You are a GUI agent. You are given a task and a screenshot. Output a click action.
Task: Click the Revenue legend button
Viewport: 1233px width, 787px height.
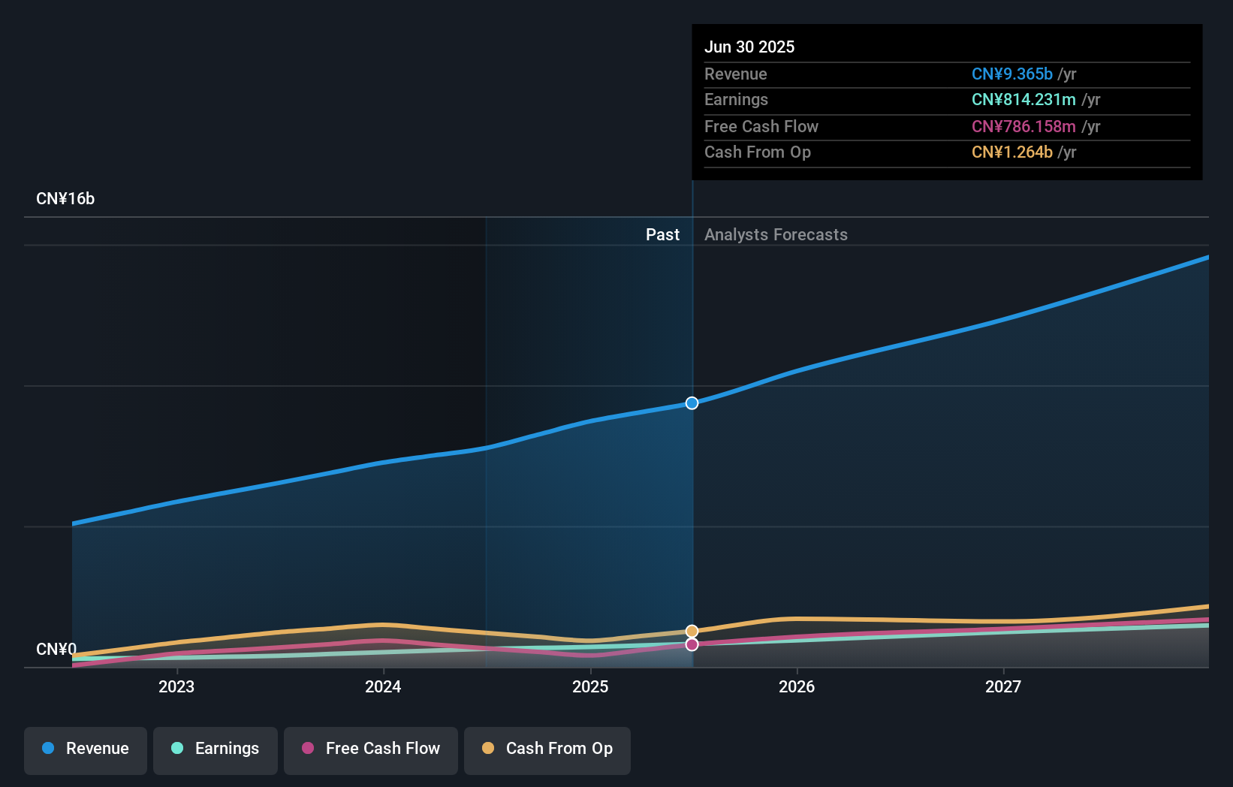click(86, 749)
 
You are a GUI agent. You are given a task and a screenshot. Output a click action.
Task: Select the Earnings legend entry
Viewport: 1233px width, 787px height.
click(216, 749)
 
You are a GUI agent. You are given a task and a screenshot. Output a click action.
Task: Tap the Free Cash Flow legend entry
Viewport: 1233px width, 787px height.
click(371, 749)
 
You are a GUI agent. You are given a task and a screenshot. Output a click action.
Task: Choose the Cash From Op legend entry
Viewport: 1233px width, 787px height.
click(547, 749)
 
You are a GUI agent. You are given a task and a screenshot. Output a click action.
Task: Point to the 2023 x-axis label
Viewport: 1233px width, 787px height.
click(176, 687)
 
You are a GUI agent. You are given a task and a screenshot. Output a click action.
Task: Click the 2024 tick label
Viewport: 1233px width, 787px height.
click(383, 687)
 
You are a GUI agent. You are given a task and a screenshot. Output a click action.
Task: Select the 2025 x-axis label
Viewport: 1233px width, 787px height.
click(590, 687)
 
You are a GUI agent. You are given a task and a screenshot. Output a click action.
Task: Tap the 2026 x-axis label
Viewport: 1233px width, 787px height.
click(797, 687)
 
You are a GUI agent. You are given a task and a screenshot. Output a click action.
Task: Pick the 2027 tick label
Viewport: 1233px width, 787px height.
click(1003, 687)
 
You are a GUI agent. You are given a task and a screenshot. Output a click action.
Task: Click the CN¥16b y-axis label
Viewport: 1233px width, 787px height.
click(65, 199)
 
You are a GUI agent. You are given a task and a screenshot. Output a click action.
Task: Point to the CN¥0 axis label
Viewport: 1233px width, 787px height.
click(56, 649)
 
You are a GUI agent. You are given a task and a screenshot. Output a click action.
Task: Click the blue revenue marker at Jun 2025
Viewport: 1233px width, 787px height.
click(692, 403)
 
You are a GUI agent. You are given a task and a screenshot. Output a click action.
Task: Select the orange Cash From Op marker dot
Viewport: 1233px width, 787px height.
click(692, 632)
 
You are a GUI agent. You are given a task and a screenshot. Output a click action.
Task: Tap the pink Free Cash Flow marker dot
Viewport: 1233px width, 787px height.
click(692, 644)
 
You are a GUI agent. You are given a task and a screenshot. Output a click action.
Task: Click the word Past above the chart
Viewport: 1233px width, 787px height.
click(662, 235)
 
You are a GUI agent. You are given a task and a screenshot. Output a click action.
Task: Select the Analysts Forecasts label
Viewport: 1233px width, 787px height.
click(776, 235)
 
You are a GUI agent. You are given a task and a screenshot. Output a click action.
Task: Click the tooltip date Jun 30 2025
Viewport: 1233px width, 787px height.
click(749, 47)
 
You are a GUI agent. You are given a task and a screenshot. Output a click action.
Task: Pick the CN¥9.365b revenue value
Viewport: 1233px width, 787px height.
click(1011, 74)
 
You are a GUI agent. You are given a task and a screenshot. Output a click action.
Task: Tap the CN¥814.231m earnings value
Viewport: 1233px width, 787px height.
click(1023, 100)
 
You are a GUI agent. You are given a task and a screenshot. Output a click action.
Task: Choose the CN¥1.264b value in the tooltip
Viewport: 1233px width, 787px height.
click(1011, 152)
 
